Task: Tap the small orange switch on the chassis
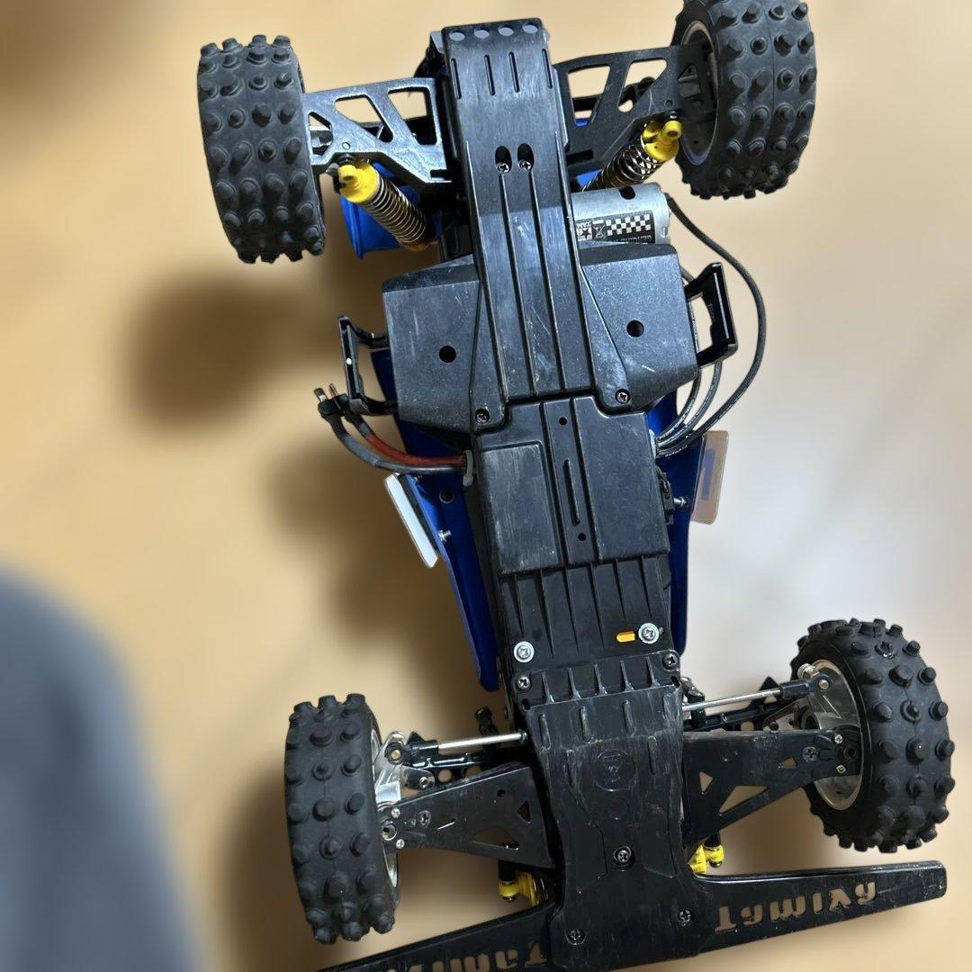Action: [625, 636]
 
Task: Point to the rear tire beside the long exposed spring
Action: [261, 148]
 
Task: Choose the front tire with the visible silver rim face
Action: [873, 733]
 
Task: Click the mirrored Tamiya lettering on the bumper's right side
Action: [814, 900]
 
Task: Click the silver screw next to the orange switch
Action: [649, 633]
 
